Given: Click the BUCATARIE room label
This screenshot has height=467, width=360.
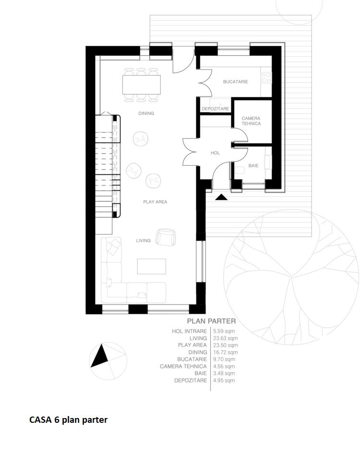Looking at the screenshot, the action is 235,82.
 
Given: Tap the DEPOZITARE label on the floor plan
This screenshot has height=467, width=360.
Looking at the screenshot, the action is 216,109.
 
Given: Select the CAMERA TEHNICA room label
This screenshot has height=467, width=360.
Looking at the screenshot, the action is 251,121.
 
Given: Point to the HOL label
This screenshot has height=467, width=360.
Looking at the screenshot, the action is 215,153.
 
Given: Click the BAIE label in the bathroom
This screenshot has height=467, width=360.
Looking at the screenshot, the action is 253,166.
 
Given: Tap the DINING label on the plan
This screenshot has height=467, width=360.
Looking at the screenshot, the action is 146,113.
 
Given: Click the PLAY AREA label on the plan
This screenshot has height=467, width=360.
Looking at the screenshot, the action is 156,202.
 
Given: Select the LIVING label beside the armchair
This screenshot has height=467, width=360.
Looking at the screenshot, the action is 144,241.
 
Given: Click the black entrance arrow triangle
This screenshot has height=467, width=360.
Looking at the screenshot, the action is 221,197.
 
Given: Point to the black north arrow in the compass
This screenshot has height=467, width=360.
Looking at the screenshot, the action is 100,356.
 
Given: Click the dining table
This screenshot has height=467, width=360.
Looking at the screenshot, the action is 142,85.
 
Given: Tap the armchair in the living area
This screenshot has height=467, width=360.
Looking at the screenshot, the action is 166,237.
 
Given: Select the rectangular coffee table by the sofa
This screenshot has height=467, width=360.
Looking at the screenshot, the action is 151,266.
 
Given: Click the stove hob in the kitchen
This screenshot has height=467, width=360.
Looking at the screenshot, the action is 266,78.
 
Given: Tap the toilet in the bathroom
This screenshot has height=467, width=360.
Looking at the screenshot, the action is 239,171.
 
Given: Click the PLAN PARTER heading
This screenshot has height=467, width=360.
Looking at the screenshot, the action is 211,321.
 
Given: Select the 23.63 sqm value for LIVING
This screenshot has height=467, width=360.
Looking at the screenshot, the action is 225,338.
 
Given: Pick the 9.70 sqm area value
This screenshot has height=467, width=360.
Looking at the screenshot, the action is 224,359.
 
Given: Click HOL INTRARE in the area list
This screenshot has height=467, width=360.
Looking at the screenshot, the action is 189,331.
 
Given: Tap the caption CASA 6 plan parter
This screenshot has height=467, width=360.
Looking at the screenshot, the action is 69,419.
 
